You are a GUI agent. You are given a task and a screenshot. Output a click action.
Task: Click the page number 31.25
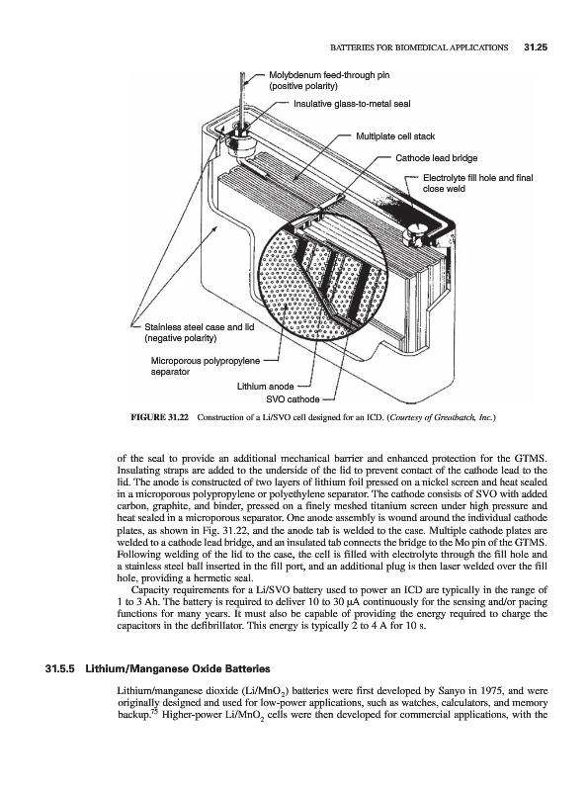point(536,47)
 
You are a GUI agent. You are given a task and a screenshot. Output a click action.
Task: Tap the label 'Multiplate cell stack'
point(395,136)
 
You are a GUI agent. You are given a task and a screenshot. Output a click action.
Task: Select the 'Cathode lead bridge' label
point(436,158)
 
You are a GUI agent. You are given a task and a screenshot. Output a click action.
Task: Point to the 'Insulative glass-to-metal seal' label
point(352,104)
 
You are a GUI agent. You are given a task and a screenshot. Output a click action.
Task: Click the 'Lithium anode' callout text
point(265,387)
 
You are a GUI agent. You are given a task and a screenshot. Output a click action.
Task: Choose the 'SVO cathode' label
point(293,399)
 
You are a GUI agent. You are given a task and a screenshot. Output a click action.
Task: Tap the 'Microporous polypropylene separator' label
point(206,366)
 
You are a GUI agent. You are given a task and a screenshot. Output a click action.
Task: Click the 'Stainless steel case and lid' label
point(200,327)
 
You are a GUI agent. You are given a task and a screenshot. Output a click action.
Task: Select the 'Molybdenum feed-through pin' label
point(329,75)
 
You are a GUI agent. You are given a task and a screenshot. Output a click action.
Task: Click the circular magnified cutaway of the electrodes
point(323,281)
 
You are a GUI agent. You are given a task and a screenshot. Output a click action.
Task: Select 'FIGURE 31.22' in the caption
point(159,417)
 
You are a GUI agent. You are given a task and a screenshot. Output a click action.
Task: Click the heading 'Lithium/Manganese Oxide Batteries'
point(178,669)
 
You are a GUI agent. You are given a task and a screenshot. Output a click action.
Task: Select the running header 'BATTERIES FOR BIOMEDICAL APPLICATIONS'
point(419,47)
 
